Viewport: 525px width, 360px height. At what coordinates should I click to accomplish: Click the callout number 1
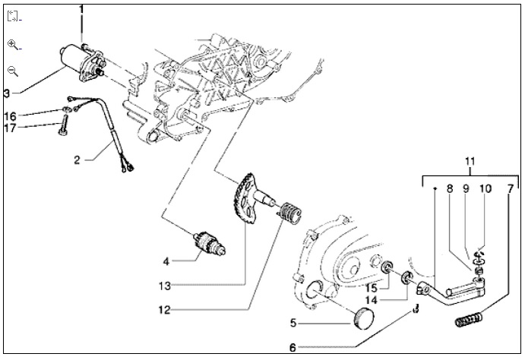point(81,8)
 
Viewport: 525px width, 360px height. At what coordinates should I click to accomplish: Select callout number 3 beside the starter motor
point(7,93)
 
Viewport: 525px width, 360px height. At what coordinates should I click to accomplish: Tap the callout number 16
point(9,116)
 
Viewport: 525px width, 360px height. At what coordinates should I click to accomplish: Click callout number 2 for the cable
point(77,160)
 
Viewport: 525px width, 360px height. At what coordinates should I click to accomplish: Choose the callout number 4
point(165,261)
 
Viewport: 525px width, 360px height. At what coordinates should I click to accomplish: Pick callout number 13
point(165,286)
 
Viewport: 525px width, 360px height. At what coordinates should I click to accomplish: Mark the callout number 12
point(165,310)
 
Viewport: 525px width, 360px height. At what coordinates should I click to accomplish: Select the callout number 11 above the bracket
point(470,162)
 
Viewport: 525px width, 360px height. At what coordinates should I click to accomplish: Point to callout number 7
point(510,188)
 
